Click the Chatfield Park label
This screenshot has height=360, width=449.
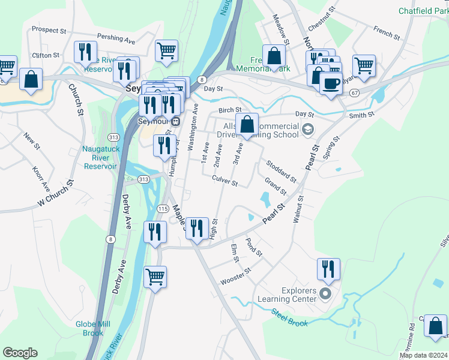tap(423, 10)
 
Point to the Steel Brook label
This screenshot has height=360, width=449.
tap(289, 318)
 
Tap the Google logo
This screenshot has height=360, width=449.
tap(20, 353)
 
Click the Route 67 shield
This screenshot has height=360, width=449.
tap(355, 93)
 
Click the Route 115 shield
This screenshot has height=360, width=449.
tap(163, 208)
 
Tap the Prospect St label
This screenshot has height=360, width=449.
tap(49, 29)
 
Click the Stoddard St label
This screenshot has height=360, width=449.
tap(281, 171)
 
